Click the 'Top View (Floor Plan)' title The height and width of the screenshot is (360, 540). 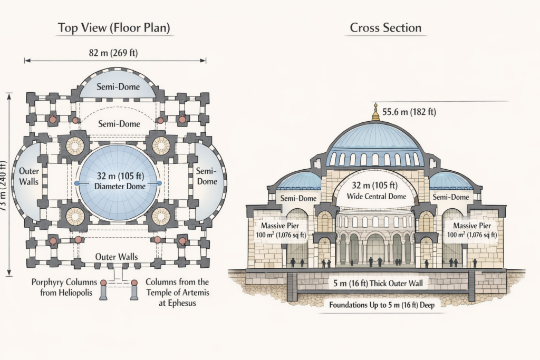tap(115, 28)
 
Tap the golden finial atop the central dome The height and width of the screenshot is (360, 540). tap(375, 112)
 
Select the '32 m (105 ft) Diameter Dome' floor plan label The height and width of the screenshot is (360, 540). tap(118, 181)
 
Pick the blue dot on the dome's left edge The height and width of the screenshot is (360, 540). tap(77, 183)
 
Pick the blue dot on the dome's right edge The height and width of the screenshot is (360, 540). tap(159, 183)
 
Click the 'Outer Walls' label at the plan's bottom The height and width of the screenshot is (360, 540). tap(117, 257)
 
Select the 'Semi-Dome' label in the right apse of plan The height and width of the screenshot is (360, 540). tap(207, 176)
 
